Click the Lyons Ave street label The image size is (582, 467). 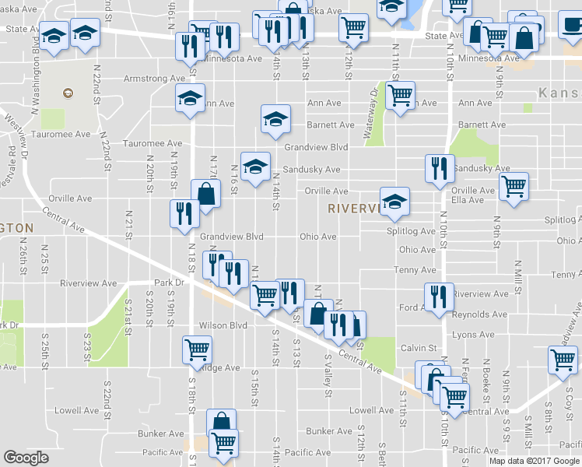474,334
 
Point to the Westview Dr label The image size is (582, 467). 18,139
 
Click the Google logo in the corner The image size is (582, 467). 26,458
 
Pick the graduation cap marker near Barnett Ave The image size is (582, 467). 275,118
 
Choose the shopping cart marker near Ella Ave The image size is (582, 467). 514,186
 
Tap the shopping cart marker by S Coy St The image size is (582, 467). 563,359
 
